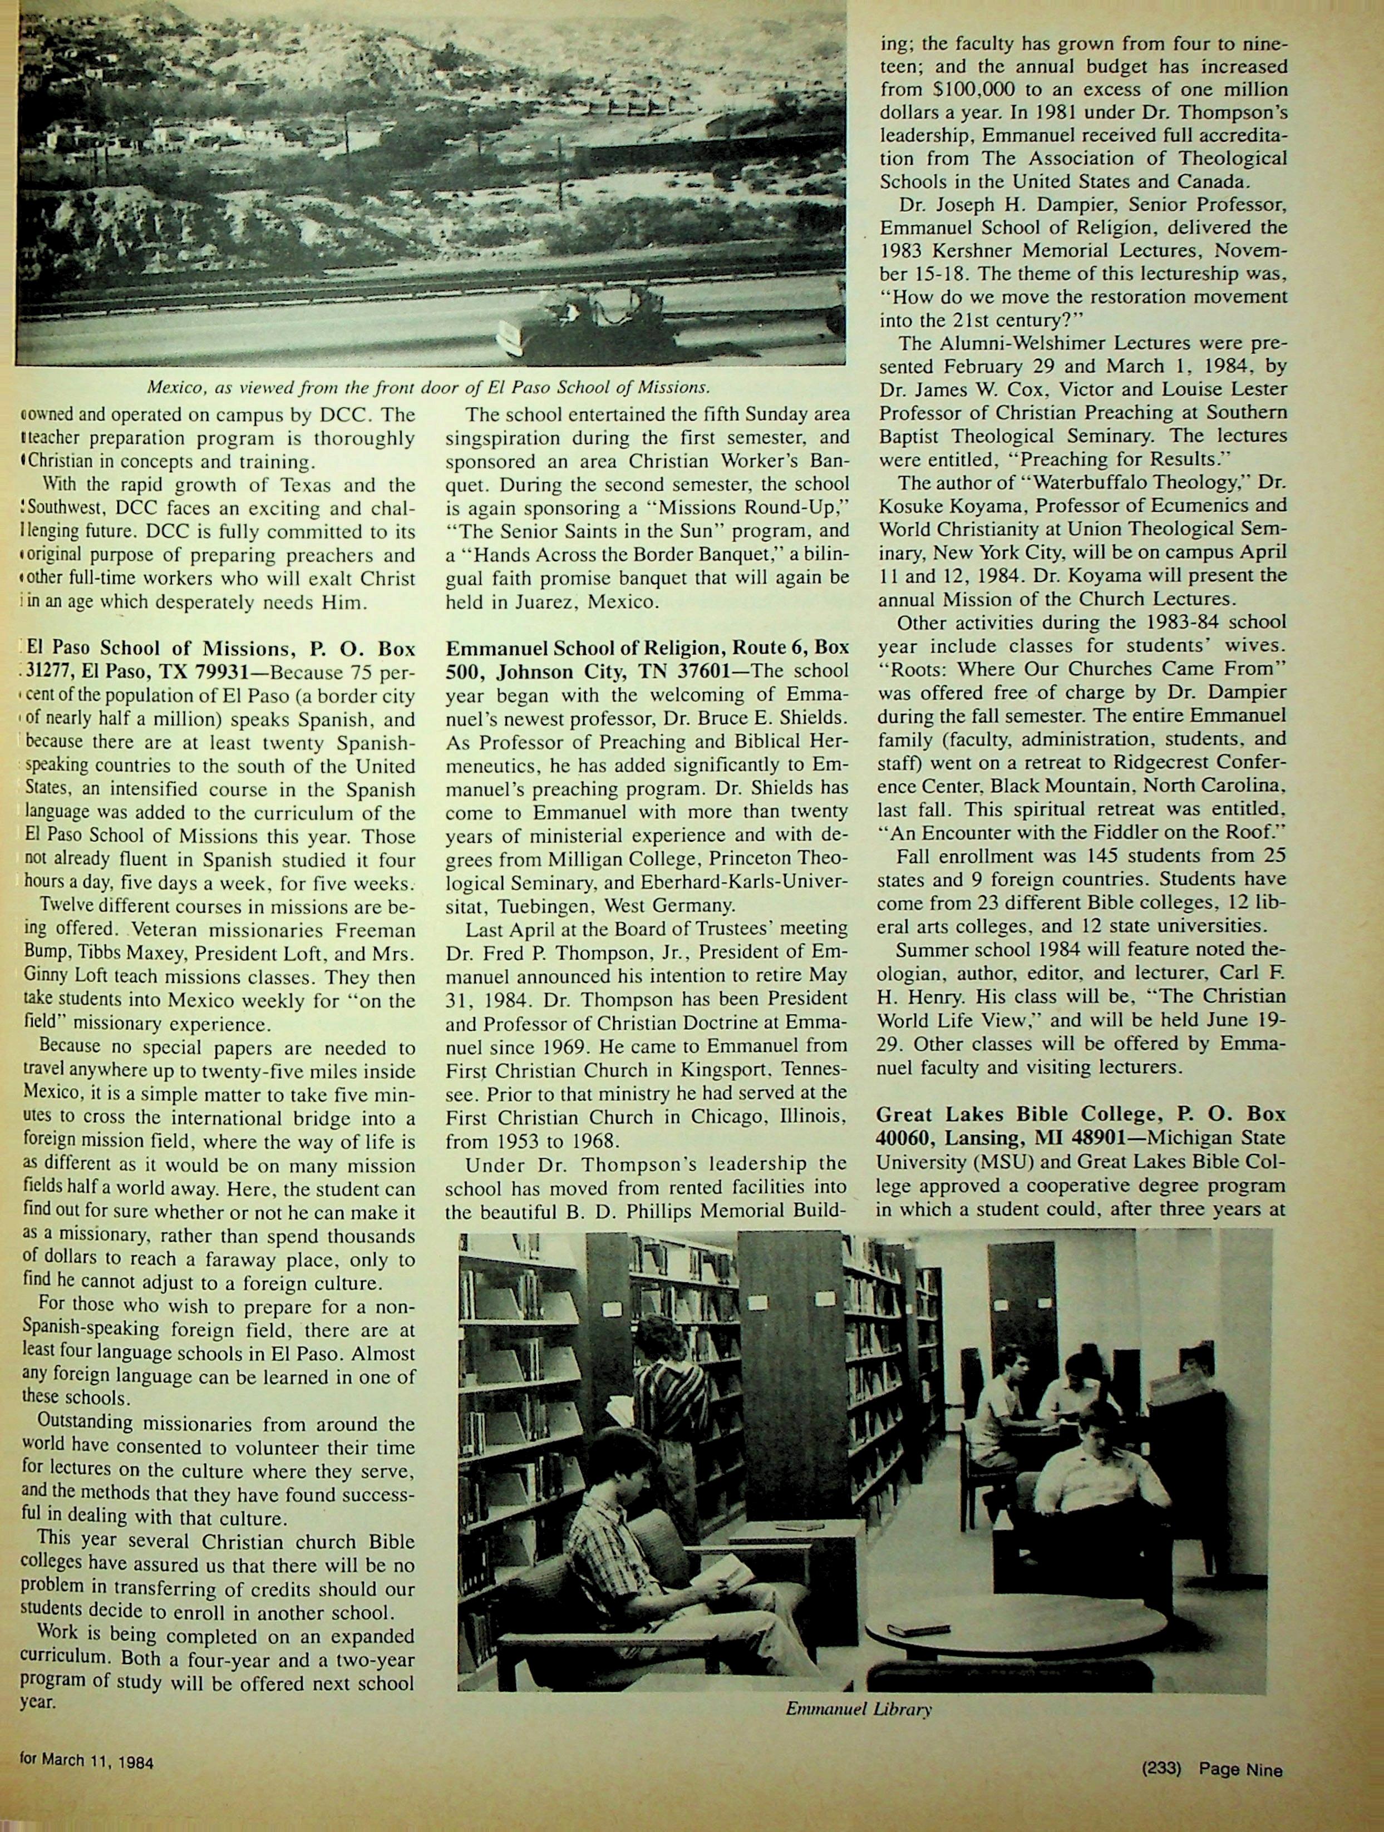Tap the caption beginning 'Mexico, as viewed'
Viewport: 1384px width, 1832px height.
(x=428, y=387)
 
